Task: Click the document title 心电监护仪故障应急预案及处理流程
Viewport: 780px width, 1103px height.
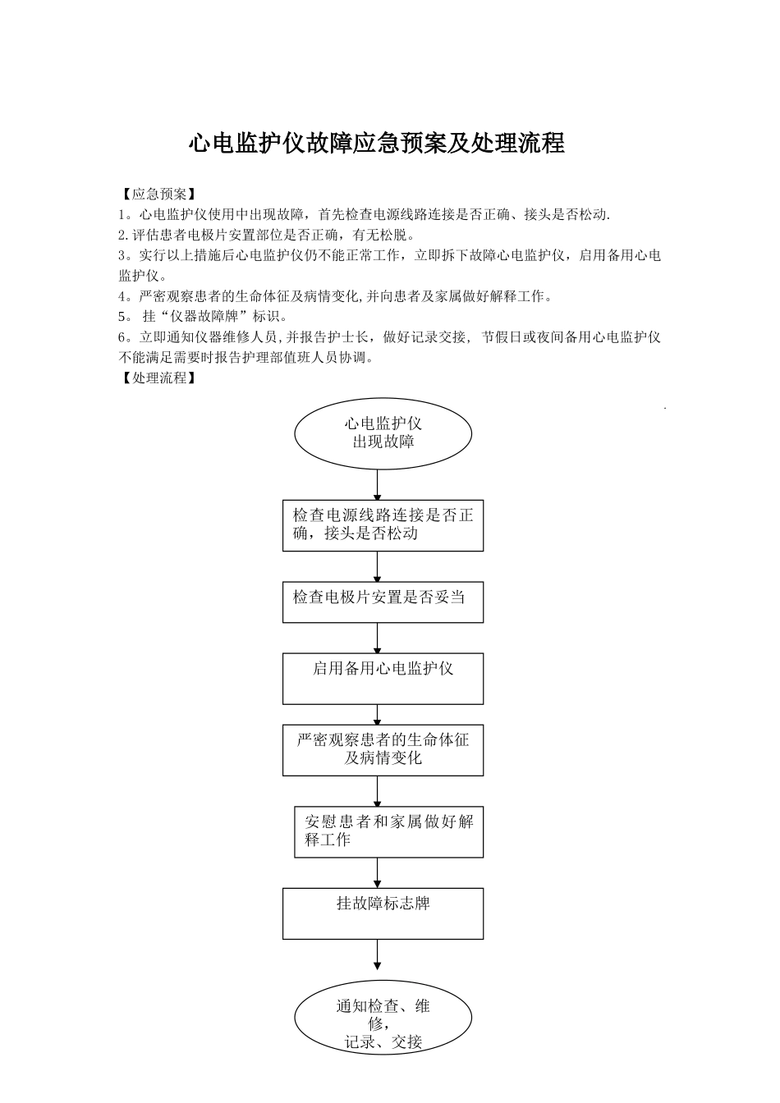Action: pos(377,144)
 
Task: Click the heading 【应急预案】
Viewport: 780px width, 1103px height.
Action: pos(157,195)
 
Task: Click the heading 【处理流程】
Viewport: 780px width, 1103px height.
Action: pos(157,378)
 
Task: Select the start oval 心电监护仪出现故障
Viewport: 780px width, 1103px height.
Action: pos(383,433)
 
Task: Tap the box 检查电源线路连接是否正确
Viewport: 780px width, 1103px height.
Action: pos(383,525)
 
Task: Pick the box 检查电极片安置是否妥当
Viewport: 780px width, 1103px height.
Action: pos(383,602)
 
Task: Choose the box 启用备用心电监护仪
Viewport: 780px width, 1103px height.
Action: pos(383,679)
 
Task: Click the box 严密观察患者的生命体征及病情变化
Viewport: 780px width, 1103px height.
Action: pos(383,750)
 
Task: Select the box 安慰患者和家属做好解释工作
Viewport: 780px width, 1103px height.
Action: pos(388,831)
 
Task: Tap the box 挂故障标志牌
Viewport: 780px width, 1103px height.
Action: pos(383,913)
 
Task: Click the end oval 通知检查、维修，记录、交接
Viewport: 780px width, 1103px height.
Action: pos(383,1018)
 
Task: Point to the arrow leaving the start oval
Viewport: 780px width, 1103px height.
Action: pos(378,484)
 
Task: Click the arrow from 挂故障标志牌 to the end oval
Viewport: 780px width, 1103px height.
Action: pos(378,956)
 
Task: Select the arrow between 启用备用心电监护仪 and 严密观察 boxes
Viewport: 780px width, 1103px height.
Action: pos(378,714)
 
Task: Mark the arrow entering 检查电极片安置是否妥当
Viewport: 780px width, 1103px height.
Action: pos(378,566)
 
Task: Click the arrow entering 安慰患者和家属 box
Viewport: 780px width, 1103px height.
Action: pos(378,791)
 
